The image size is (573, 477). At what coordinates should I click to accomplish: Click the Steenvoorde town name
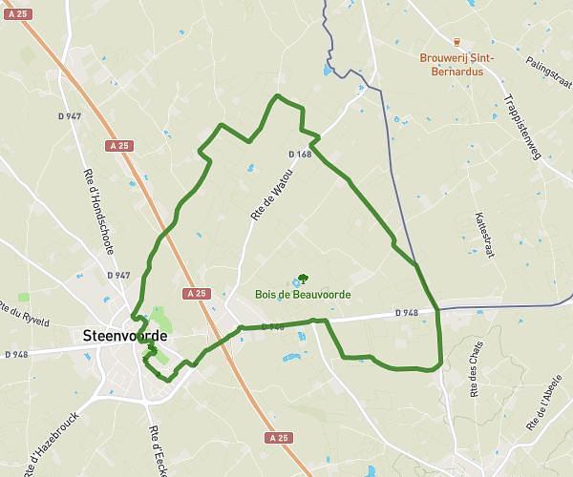125,336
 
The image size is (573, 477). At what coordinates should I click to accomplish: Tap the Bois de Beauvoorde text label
302,295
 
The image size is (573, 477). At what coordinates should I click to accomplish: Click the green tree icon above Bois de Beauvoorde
302,279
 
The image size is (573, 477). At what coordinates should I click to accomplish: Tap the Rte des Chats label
475,367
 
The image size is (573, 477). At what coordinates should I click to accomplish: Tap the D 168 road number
300,154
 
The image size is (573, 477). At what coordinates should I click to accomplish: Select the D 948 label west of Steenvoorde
17,354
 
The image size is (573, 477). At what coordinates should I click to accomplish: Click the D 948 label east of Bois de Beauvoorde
407,313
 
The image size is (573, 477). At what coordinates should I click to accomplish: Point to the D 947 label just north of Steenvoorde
118,275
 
